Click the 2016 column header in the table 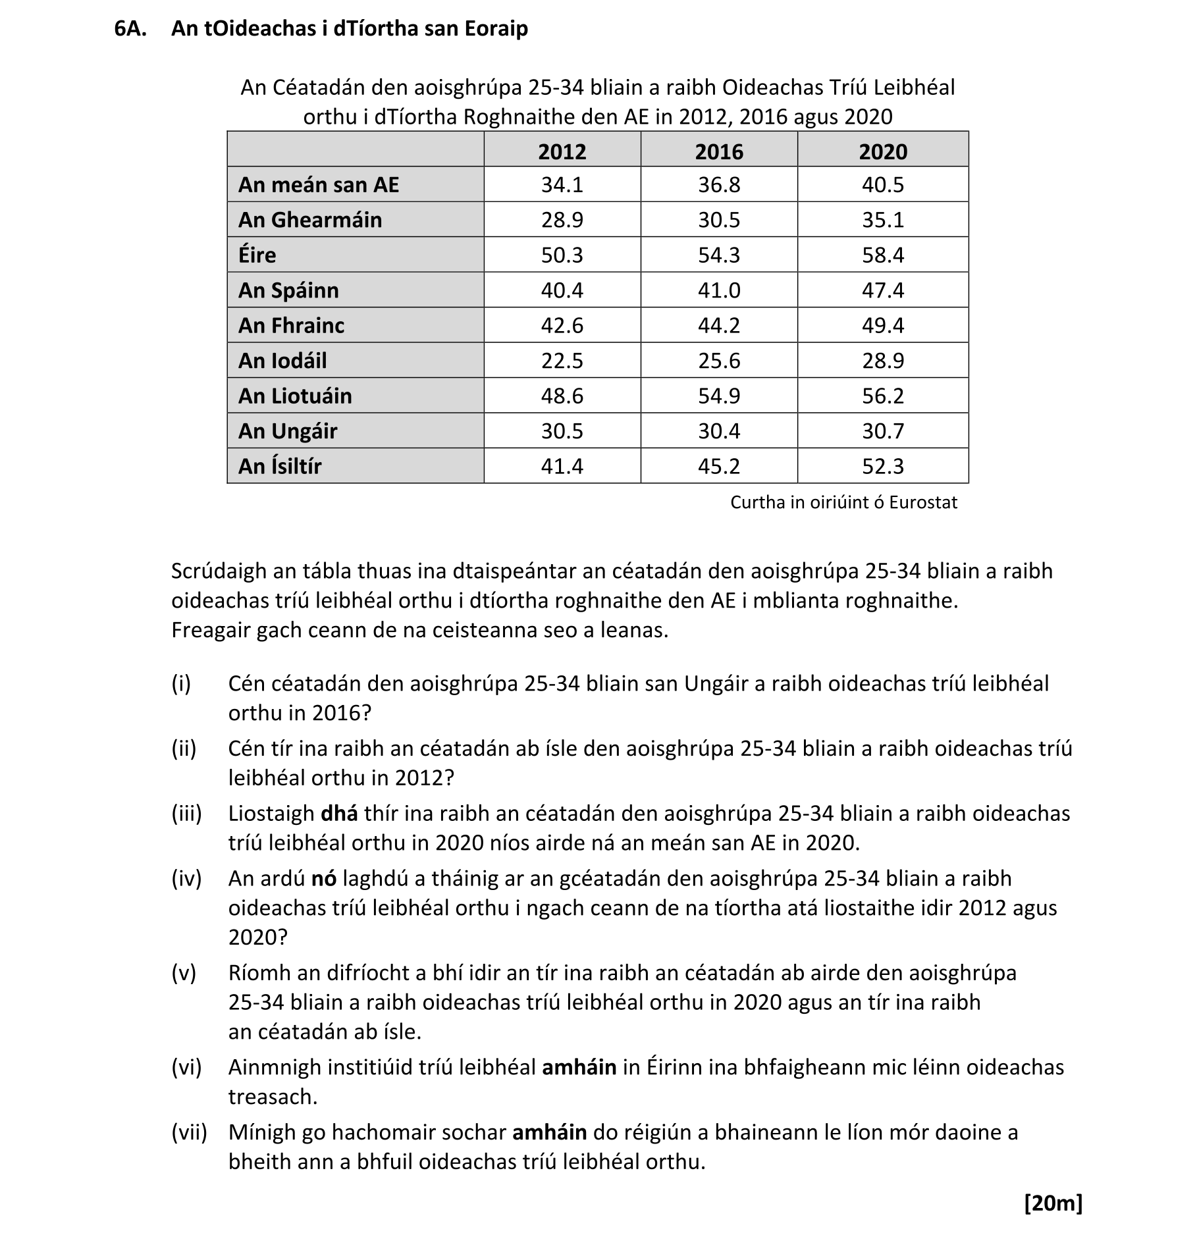[x=718, y=151]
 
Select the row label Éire [x=257, y=255]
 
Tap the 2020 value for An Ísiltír [x=882, y=466]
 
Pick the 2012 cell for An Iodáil [x=562, y=361]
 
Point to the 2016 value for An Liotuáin [x=718, y=396]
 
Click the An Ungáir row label [x=288, y=431]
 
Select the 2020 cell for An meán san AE [x=882, y=185]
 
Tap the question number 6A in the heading [x=130, y=29]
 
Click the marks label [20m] [x=1053, y=1203]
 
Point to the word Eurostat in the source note [x=922, y=502]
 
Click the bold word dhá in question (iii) [x=339, y=814]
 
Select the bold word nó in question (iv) [x=324, y=878]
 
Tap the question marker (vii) [x=189, y=1132]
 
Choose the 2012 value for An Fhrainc [x=562, y=325]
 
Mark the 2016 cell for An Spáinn [x=718, y=290]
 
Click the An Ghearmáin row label [x=310, y=220]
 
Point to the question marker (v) [x=184, y=973]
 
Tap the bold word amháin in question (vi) [x=579, y=1067]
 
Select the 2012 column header [x=562, y=151]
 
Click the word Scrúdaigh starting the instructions [x=219, y=571]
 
